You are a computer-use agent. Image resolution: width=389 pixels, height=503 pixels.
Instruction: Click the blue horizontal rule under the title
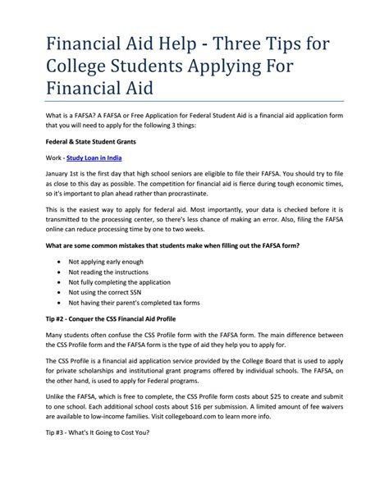(x=194, y=101)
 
